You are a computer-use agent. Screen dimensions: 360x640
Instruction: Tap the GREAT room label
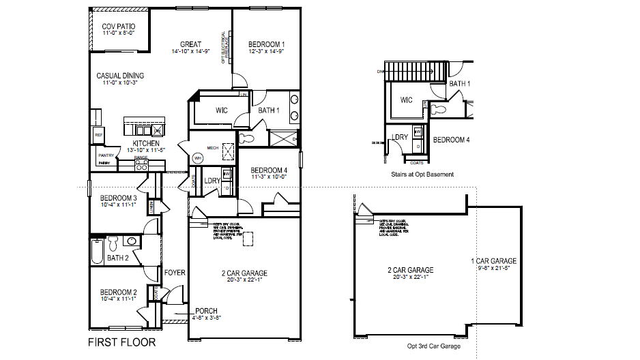[190, 44]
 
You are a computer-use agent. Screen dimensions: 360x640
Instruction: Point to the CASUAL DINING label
[120, 76]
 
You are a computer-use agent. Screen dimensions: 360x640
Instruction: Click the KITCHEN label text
[146, 144]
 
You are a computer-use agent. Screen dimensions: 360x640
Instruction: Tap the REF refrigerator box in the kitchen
[98, 135]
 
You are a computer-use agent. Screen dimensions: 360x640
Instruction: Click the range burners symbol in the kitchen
[142, 164]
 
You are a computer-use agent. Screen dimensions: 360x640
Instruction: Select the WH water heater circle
[198, 157]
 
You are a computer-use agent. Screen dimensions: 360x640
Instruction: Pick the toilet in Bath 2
[113, 241]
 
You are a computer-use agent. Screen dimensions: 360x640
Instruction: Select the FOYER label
[175, 273]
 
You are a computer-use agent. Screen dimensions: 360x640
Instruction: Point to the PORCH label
[207, 310]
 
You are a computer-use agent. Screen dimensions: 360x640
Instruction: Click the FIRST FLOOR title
[121, 342]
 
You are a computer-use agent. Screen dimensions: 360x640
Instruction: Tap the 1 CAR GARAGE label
[493, 261]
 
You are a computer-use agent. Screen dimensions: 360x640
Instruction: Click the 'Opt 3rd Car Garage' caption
[433, 346]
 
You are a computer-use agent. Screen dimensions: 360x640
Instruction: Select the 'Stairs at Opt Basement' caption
[422, 175]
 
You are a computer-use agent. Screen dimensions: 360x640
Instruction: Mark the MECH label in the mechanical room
[212, 147]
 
